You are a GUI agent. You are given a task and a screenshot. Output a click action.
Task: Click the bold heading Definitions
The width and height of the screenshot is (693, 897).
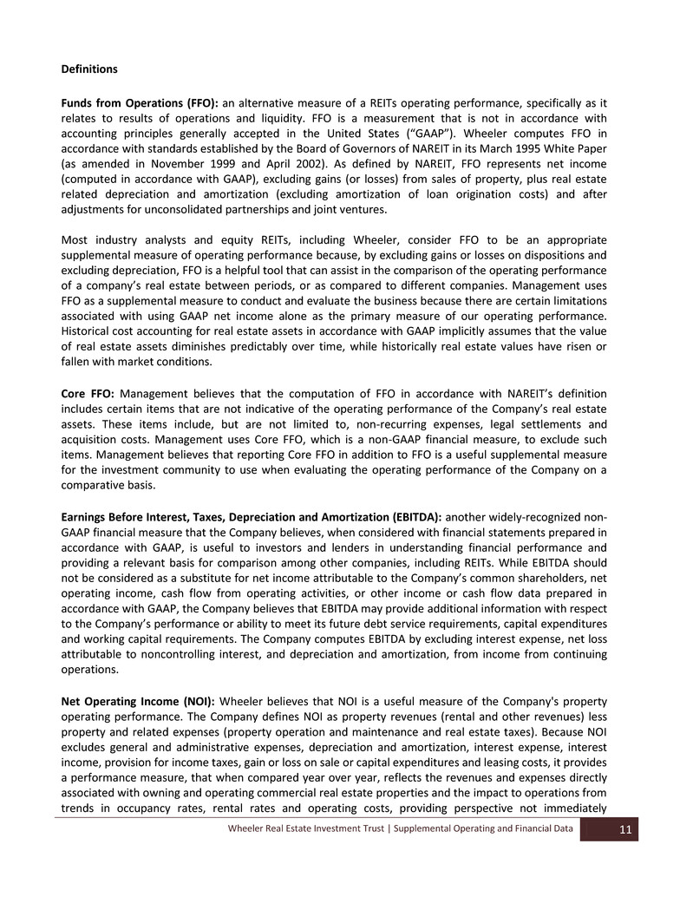click(89, 69)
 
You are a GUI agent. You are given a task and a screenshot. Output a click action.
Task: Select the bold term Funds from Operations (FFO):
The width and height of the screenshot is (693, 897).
click(140, 103)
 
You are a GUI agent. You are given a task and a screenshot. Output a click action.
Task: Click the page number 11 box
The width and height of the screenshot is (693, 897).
click(624, 830)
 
